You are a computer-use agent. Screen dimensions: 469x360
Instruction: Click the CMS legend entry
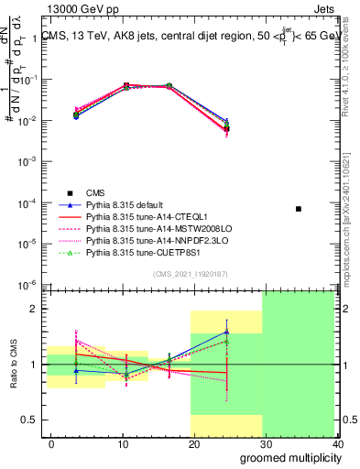point(94,191)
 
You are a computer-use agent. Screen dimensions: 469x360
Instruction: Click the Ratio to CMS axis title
point(11,364)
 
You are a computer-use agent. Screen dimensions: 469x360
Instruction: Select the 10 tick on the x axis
point(123,443)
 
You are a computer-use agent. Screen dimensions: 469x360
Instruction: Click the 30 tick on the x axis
point(267,443)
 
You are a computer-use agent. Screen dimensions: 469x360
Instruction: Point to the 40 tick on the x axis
point(337,443)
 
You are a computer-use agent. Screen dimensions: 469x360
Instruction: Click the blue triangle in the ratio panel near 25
point(226,332)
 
